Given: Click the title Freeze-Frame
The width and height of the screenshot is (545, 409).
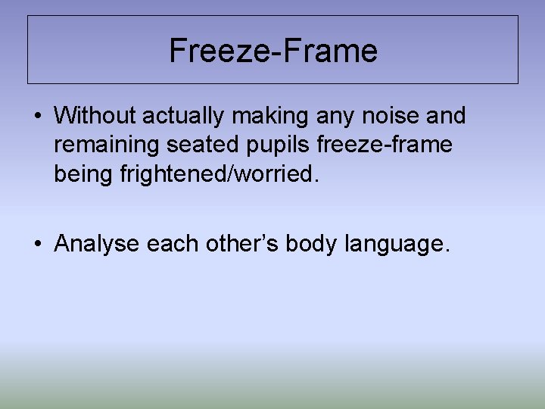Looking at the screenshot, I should point(272,51).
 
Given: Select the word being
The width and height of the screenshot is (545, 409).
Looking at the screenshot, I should point(83,174).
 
